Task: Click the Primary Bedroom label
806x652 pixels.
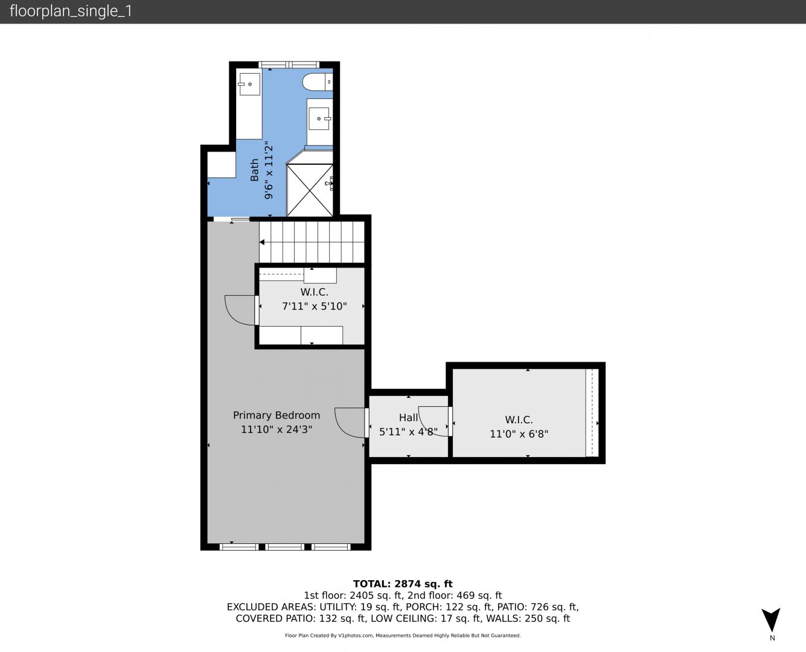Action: click(x=277, y=415)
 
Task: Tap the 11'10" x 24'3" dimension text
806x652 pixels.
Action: click(x=277, y=429)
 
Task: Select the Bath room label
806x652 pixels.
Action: click(x=254, y=170)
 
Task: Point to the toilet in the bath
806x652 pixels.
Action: click(x=318, y=82)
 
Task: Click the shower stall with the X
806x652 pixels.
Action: click(x=310, y=190)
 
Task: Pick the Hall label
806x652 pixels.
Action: click(x=408, y=417)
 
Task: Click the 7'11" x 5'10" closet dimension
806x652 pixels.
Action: click(x=314, y=305)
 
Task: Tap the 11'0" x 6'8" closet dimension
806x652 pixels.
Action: click(x=519, y=433)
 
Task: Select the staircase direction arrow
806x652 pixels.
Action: click(x=262, y=242)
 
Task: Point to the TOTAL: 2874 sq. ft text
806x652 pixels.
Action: click(x=403, y=584)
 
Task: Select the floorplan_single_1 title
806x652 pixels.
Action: click(x=71, y=11)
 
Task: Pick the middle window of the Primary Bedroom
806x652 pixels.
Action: click(x=284, y=547)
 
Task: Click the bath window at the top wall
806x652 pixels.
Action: click(x=289, y=65)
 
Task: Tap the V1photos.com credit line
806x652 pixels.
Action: click(x=403, y=636)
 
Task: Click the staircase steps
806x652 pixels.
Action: click(x=312, y=242)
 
